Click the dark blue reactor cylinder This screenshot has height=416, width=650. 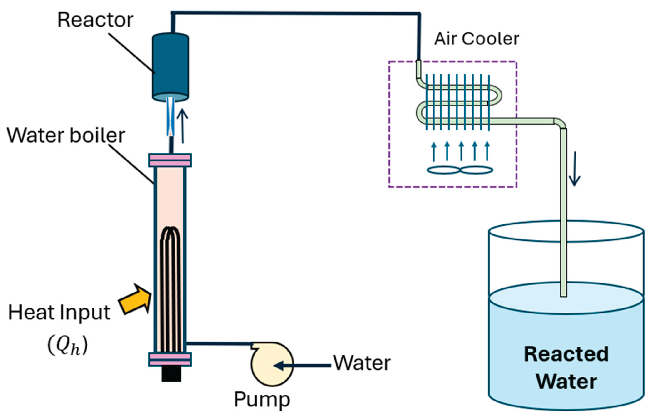tap(170, 67)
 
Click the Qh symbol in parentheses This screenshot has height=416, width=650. tap(67, 346)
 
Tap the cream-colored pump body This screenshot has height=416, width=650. tap(272, 364)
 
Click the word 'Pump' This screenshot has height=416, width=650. tap(262, 400)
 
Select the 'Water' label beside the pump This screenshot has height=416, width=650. tap(362, 363)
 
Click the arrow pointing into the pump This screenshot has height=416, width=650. tap(302, 365)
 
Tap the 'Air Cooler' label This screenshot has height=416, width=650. tap(477, 39)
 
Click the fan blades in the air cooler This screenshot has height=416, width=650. tap(460, 170)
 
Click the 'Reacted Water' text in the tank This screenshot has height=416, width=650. tap(566, 368)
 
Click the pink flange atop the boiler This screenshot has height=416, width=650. tap(170, 160)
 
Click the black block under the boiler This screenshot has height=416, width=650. tap(171, 374)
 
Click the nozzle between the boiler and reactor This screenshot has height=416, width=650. tap(171, 117)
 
